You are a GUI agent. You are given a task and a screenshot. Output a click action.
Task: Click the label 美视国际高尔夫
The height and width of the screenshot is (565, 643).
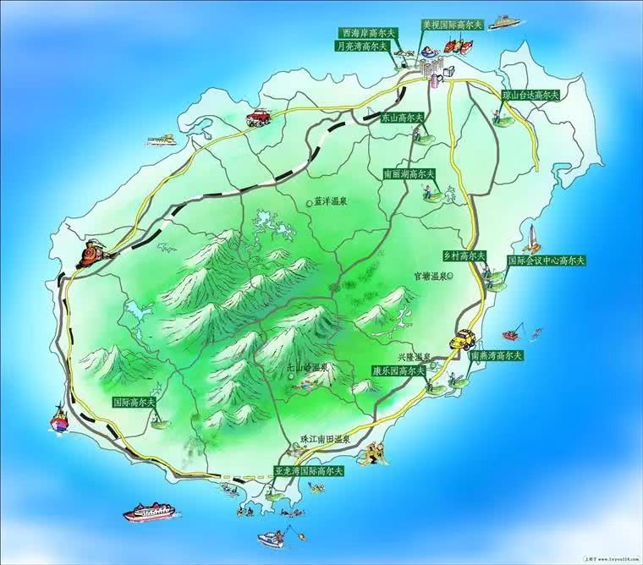(x=452, y=25)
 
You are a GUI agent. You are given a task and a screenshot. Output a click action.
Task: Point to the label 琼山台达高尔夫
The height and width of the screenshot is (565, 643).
(x=530, y=96)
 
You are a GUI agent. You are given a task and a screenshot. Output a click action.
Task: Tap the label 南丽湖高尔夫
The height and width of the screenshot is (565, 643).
(x=409, y=174)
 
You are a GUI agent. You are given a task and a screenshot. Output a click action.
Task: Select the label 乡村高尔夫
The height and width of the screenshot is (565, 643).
(x=464, y=255)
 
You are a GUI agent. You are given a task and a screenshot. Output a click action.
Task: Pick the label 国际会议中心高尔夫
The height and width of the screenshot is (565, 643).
(x=547, y=261)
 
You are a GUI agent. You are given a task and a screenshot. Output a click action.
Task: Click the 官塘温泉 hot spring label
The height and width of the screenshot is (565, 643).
(x=429, y=276)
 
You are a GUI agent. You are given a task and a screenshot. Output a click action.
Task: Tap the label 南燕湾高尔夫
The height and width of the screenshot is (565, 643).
(x=497, y=354)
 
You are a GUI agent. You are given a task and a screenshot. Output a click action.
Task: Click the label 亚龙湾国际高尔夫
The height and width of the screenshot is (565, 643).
(x=309, y=469)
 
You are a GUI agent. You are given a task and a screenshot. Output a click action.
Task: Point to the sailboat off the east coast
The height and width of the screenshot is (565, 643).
(x=533, y=237)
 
